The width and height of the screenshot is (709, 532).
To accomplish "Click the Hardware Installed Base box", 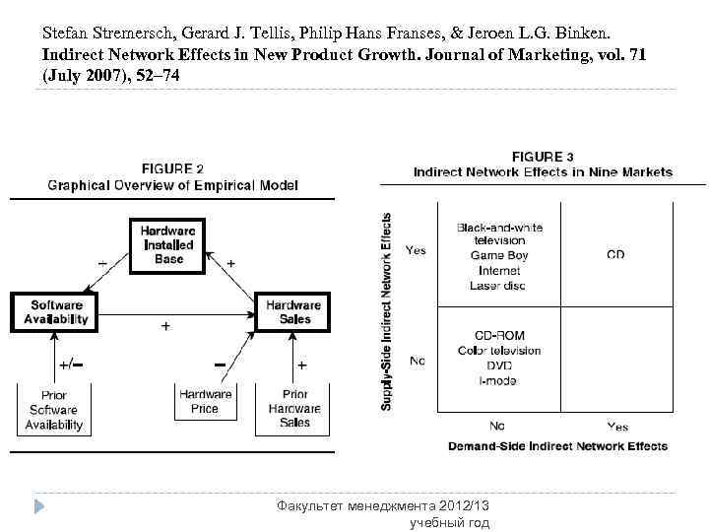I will pyautogui.click(x=168, y=243).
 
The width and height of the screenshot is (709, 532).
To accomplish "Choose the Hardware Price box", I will pyautogui.click(x=205, y=402).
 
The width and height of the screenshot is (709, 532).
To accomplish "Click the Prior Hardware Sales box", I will pyautogui.click(x=294, y=408).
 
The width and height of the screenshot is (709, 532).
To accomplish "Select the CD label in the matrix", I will pyautogui.click(x=615, y=255).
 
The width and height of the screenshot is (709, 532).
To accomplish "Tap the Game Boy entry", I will pyautogui.click(x=499, y=255).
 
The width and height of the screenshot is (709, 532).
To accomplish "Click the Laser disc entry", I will pyautogui.click(x=499, y=285).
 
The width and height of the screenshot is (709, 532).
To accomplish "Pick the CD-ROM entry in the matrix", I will pyautogui.click(x=499, y=336).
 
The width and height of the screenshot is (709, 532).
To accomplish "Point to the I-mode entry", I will pyautogui.click(x=499, y=380).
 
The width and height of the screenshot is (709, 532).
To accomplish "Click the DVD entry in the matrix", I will pyautogui.click(x=499, y=366).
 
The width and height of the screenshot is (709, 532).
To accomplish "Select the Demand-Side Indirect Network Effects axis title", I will pyautogui.click(x=557, y=446).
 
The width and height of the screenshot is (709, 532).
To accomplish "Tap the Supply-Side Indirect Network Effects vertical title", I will pyautogui.click(x=387, y=311).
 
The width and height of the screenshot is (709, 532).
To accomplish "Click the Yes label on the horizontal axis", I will pyautogui.click(x=617, y=427).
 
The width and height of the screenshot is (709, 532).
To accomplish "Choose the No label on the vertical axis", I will pyautogui.click(x=417, y=362).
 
